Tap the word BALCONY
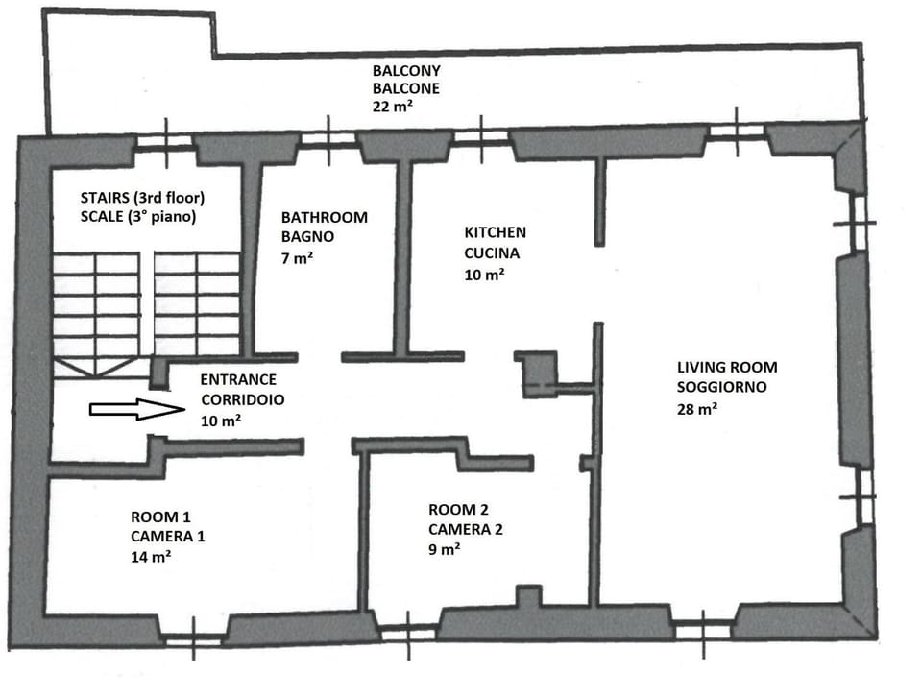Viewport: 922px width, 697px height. pos(406,71)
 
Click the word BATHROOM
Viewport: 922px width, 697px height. pos(324,217)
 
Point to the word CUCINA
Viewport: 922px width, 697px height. pos(493,253)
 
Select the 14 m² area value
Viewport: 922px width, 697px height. pos(151,556)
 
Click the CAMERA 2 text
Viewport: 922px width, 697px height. pos(465,529)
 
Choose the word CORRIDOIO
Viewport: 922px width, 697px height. pos(241,399)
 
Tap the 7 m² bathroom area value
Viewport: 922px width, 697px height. pos(297,257)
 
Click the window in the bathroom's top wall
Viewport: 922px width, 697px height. pos(328,141)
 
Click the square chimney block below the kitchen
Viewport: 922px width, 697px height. pos(537,373)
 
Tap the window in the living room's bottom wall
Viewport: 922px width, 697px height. pos(703,631)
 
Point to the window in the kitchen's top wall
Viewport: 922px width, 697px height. pos(479,138)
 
